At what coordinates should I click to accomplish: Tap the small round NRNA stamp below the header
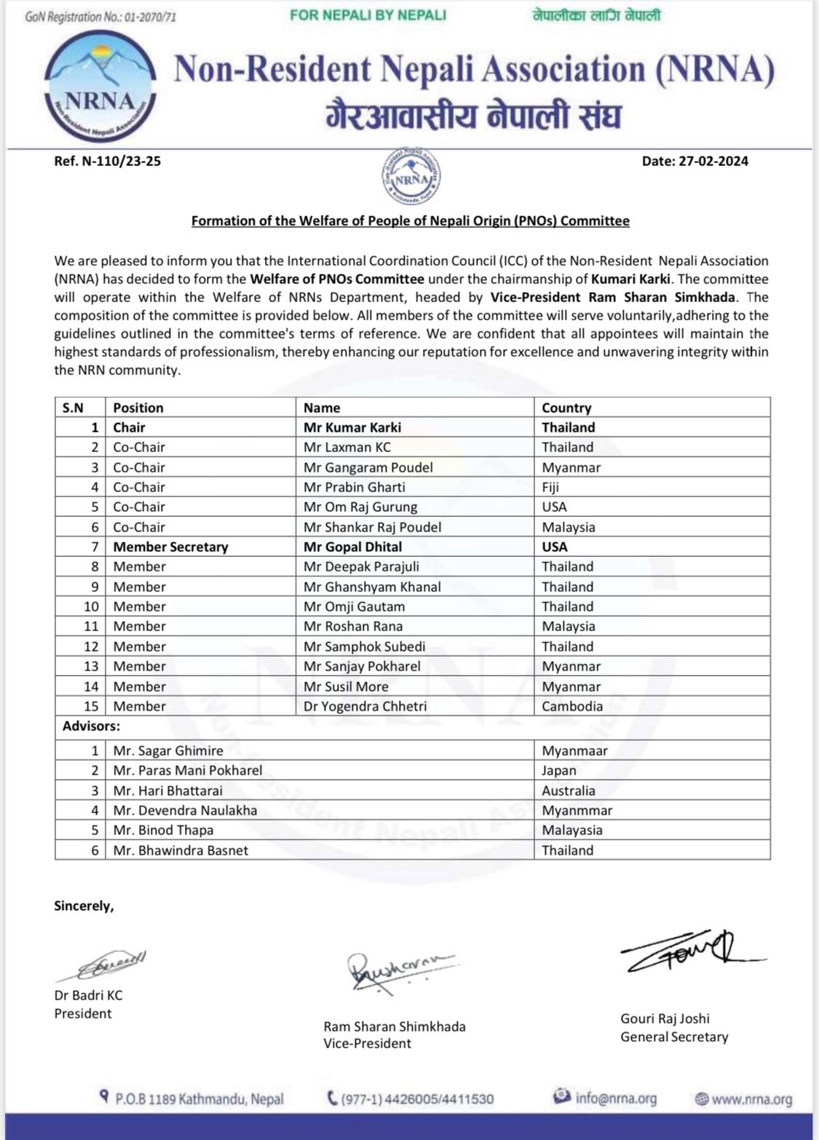pos(411,176)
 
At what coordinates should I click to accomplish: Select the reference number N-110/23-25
pos(107,161)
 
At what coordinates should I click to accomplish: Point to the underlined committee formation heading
pos(410,221)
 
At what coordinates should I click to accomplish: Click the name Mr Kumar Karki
pos(352,427)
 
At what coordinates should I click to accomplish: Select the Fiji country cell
pos(550,487)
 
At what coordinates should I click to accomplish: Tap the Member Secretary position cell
pos(170,547)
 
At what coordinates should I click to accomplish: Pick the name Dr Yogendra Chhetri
pos(365,706)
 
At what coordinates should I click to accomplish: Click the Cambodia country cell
pos(572,706)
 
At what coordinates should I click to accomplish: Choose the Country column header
pos(566,408)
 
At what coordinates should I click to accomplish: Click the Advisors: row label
pos(91,726)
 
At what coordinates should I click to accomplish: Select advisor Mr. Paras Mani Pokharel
pos(188,770)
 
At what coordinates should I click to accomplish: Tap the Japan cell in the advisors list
pos(558,770)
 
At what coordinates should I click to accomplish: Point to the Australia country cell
pos(568,791)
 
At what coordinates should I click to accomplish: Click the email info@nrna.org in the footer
pos(615,1098)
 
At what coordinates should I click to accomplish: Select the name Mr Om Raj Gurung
pos(360,507)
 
